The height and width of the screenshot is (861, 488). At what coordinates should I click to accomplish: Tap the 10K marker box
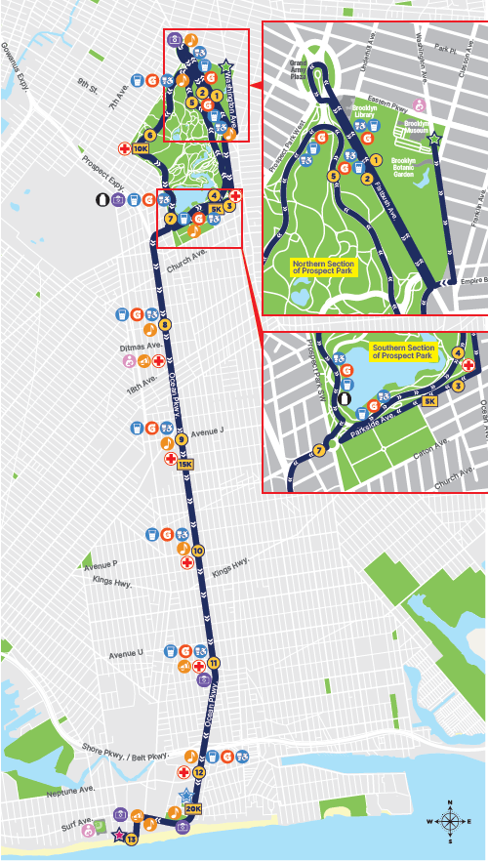140,149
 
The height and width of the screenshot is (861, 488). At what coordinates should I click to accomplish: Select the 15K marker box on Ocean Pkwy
185,464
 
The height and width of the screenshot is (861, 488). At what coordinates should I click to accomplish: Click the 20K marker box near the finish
192,808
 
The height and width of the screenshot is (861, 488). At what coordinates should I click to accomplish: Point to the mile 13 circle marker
131,839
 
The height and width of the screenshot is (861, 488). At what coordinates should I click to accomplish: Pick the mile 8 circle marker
165,324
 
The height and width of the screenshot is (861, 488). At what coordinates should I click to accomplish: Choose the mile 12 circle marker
198,772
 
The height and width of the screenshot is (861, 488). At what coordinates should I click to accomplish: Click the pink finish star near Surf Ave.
118,835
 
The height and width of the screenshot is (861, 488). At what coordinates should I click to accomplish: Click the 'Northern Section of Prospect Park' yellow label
323,266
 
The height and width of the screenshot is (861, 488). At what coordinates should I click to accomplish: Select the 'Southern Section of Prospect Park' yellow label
403,351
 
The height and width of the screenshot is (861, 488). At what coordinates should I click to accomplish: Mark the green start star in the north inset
434,140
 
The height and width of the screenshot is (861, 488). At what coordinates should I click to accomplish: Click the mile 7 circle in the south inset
318,450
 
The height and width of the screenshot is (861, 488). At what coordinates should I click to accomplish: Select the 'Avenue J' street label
207,430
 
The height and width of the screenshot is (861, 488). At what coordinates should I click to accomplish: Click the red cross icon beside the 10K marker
124,149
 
